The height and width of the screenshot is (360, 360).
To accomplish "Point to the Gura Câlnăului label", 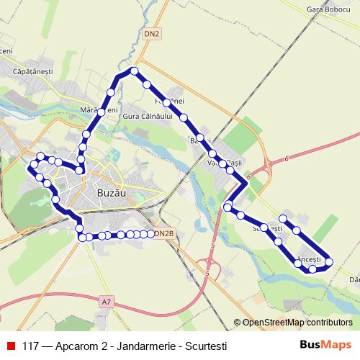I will pos(148,116).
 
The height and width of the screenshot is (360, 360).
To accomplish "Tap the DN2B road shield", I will pos(165,233).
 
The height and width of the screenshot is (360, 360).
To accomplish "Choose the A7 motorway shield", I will pos(107,300).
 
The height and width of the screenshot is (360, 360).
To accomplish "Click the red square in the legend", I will pos(11,346).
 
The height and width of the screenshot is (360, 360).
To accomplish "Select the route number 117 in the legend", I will pos(30,346).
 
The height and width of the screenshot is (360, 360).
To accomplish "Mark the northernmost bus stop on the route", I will pos(134,71).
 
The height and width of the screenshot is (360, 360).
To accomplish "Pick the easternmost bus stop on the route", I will pos(330,261).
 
